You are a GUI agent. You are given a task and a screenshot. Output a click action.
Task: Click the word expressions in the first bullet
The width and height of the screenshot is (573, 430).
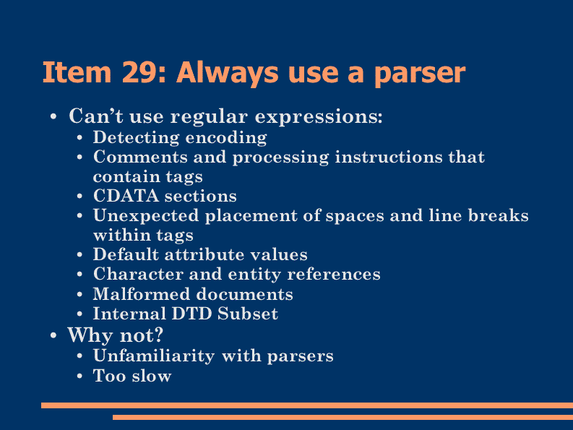tap(318, 117)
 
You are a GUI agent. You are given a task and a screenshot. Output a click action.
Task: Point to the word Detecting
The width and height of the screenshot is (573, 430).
tap(136, 138)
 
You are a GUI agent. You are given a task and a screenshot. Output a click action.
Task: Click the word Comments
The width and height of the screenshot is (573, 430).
tap(140, 158)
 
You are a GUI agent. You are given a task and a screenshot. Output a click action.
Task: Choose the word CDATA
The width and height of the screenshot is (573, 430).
tap(126, 196)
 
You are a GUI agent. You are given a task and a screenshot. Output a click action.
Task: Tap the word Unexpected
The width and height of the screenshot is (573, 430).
tap(146, 216)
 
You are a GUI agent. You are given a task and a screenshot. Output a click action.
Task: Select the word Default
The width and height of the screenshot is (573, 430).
tap(126, 254)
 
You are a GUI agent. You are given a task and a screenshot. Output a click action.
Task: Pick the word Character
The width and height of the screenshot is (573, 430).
tap(138, 274)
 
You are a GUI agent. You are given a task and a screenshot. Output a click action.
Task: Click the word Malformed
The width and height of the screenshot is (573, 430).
tap(142, 293)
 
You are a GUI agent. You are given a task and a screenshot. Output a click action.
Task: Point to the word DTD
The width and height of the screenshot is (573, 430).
tap(192, 314)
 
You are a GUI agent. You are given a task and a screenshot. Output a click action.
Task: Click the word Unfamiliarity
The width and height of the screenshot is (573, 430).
tap(154, 356)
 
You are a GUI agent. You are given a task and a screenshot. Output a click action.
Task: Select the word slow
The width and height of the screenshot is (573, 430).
tap(152, 376)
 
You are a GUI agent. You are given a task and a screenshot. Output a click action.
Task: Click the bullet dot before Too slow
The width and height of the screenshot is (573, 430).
tap(79, 376)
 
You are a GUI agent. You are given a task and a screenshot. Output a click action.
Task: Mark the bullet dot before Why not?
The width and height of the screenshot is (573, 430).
tap(53, 335)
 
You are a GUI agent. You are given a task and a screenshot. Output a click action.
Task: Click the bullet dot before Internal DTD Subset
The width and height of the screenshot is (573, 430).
tap(79, 314)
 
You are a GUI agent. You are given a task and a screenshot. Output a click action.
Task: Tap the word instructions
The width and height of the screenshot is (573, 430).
tap(389, 158)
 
